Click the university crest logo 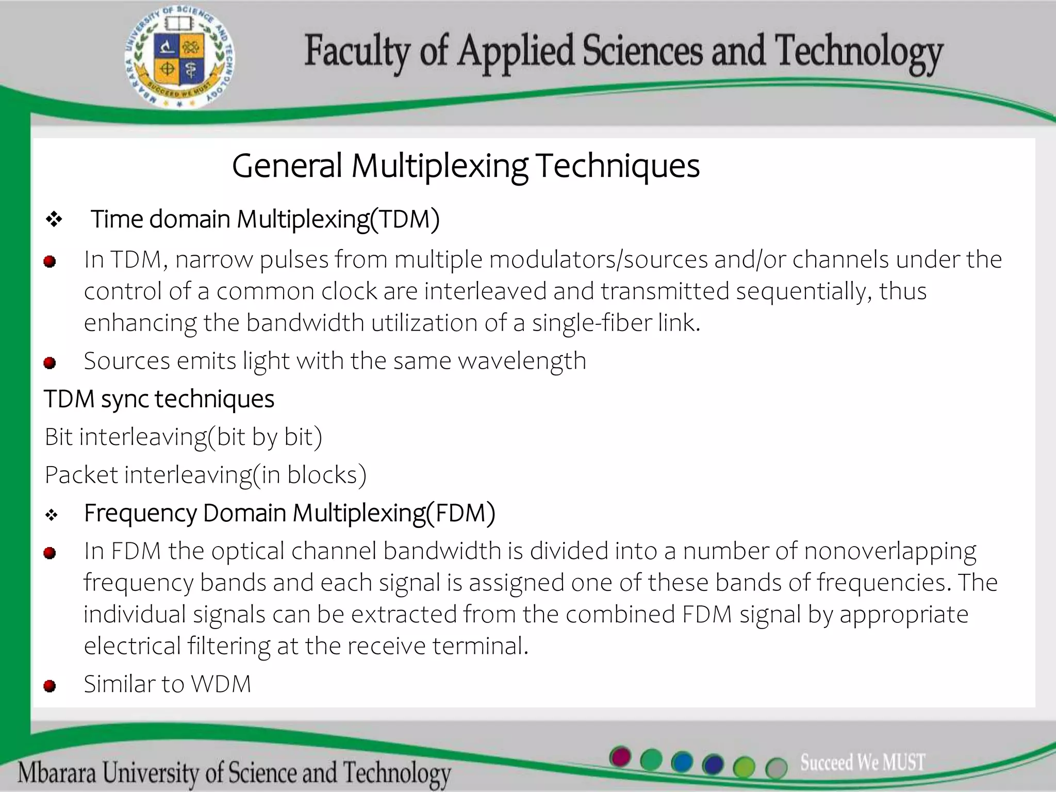click(x=179, y=58)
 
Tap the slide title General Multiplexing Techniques click(x=466, y=166)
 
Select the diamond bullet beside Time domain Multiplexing click(x=54, y=220)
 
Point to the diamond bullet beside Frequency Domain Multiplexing click(x=52, y=515)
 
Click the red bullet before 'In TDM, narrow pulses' click(x=50, y=262)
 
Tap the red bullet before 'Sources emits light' click(x=50, y=363)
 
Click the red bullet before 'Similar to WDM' click(x=50, y=686)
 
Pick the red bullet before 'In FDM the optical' click(x=50, y=553)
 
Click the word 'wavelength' click(x=522, y=361)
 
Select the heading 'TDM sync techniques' click(x=159, y=399)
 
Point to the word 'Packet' click(x=81, y=475)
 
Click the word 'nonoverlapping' click(x=890, y=551)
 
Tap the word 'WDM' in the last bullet click(x=221, y=684)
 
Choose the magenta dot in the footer click(x=620, y=757)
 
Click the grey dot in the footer click(x=776, y=768)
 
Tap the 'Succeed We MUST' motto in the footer click(x=863, y=762)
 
